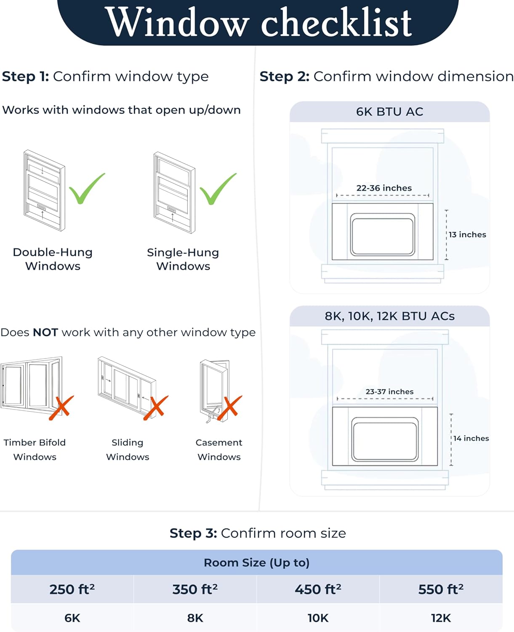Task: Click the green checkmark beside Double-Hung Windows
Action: [x=86, y=189]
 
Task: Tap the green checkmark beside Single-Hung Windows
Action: [x=217, y=189]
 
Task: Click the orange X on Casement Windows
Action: [x=230, y=408]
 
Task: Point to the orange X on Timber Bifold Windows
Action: [x=61, y=407]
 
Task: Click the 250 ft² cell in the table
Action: [x=72, y=589]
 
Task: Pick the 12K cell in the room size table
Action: [x=441, y=618]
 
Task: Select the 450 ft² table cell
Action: [x=318, y=589]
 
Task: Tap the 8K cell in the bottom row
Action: [x=195, y=618]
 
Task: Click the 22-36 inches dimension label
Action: [x=384, y=188]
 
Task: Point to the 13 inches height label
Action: [x=467, y=235]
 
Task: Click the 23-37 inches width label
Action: [x=389, y=391]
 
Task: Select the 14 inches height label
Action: [x=471, y=438]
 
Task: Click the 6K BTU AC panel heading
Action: [x=389, y=112]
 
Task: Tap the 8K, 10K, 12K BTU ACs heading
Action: [x=389, y=316]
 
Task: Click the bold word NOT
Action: [x=45, y=332]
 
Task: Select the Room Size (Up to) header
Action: [x=256, y=562]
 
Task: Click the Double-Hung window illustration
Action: [x=44, y=190]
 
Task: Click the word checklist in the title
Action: [x=336, y=23]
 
